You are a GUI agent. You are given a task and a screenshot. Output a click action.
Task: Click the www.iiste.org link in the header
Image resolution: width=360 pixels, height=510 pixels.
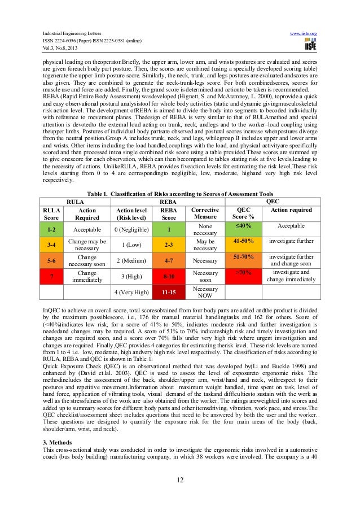click(303, 34)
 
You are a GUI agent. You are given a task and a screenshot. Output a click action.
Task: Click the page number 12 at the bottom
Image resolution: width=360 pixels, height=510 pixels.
click(179, 480)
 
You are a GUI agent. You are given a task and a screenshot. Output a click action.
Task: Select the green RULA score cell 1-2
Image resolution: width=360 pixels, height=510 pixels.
click(51, 230)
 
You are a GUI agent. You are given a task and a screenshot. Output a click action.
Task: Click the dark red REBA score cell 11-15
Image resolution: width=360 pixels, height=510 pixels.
click(169, 293)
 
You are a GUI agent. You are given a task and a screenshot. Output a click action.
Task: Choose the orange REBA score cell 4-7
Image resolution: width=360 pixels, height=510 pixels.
click(169, 261)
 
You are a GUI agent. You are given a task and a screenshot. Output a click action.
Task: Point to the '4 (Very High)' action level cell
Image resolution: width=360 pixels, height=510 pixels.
click(131, 293)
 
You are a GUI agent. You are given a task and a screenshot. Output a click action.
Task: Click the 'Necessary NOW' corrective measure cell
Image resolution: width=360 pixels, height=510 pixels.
click(205, 292)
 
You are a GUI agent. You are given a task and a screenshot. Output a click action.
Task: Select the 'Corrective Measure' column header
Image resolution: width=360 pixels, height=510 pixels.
click(205, 212)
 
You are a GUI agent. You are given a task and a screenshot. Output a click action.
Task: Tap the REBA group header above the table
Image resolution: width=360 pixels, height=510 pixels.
click(168, 200)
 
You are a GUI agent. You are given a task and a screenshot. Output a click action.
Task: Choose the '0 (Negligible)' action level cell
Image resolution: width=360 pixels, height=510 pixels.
click(131, 230)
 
